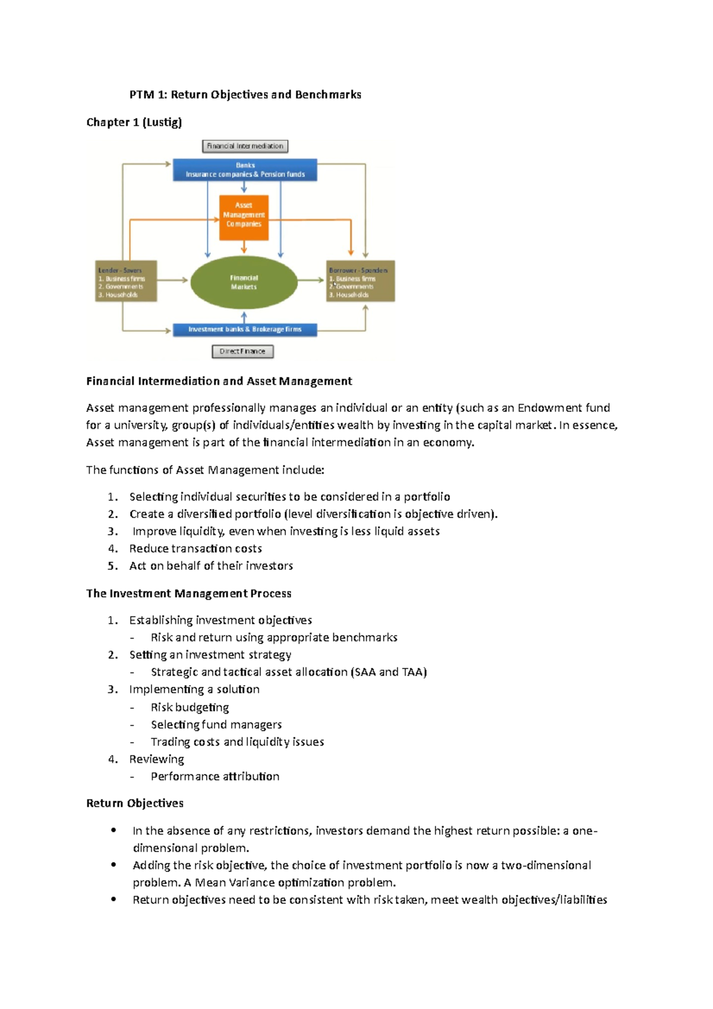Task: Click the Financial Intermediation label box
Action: [x=245, y=146]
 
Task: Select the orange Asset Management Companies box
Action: [x=244, y=217]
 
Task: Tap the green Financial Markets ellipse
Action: [x=244, y=282]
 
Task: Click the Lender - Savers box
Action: [x=126, y=281]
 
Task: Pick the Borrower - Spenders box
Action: [x=360, y=281]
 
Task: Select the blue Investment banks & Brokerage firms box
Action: [x=245, y=330]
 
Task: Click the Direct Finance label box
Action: [x=242, y=352]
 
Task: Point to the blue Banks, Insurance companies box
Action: [x=245, y=170]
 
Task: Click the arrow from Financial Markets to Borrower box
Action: [x=311, y=280]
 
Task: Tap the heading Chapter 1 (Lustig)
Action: [x=134, y=122]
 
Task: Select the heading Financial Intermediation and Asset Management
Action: [x=219, y=381]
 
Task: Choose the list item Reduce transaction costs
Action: [x=195, y=548]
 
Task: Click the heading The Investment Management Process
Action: [x=188, y=594]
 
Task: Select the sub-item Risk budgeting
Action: [x=190, y=707]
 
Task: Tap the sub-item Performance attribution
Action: [x=214, y=777]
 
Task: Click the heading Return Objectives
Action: [x=134, y=803]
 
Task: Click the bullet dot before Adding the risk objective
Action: [x=113, y=865]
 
